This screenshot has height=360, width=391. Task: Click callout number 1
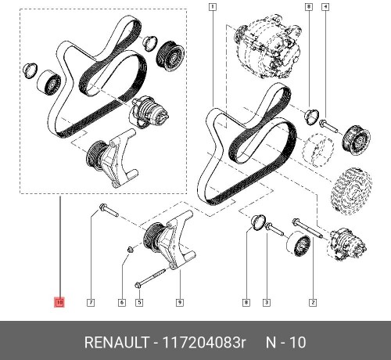[x=212, y=7]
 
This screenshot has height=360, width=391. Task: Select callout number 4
[x=325, y=7]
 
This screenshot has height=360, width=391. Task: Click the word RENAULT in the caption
[x=117, y=343]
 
